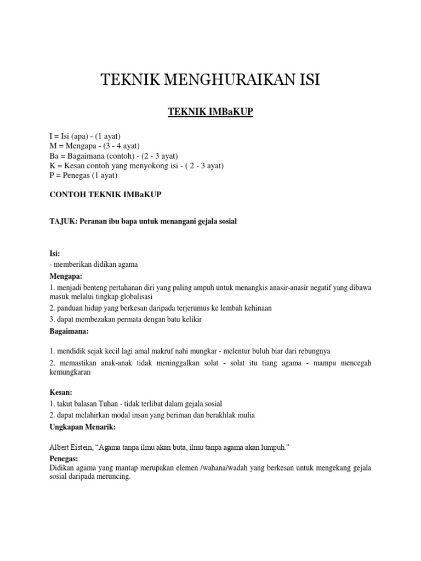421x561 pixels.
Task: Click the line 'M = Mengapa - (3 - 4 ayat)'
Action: click(94, 146)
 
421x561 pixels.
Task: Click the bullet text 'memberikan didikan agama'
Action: click(95, 265)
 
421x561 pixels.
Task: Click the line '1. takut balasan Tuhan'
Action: click(135, 404)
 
